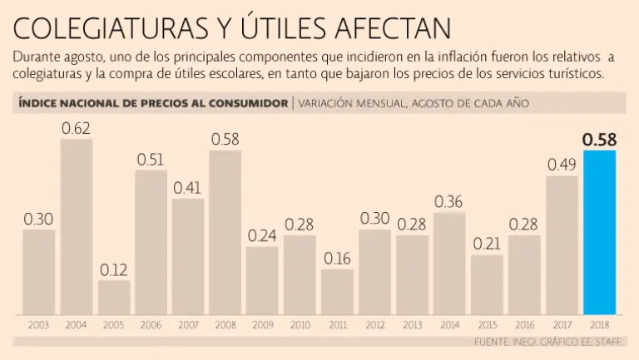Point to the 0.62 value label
(x=77, y=128)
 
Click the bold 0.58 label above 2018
(x=600, y=140)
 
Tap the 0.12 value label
(x=114, y=269)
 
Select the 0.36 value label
(x=449, y=201)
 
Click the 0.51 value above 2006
(x=151, y=160)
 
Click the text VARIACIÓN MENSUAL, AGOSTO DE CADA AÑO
(x=413, y=103)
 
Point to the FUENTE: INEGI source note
(x=550, y=342)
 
